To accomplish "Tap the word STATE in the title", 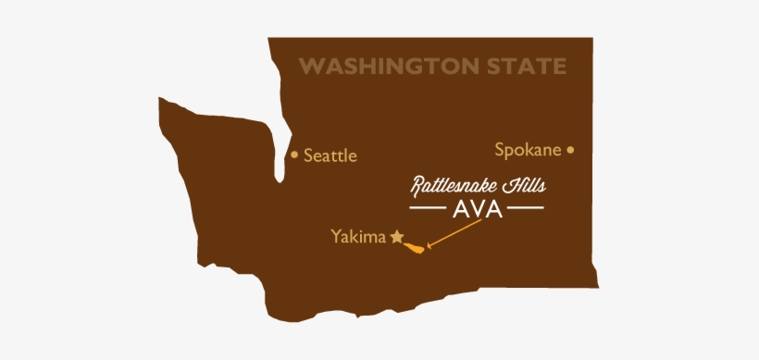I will [x=530, y=67].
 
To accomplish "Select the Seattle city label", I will [x=330, y=155].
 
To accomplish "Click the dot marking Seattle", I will [x=294, y=155].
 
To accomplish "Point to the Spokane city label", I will [x=528, y=149].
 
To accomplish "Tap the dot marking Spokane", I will [x=570, y=148].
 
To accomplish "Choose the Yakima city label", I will [x=357, y=236].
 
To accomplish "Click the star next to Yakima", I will [x=397, y=236].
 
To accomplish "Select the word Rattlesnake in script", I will [x=454, y=185].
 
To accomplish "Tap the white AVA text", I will [x=477, y=209].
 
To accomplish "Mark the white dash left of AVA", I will [x=429, y=209].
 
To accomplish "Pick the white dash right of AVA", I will [x=525, y=209].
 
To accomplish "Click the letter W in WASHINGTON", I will [x=309, y=67].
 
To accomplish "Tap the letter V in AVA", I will [x=477, y=209].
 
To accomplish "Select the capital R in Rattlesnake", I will [x=417, y=185].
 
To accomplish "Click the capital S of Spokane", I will [x=500, y=148].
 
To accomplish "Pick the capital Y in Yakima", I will [x=336, y=236].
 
